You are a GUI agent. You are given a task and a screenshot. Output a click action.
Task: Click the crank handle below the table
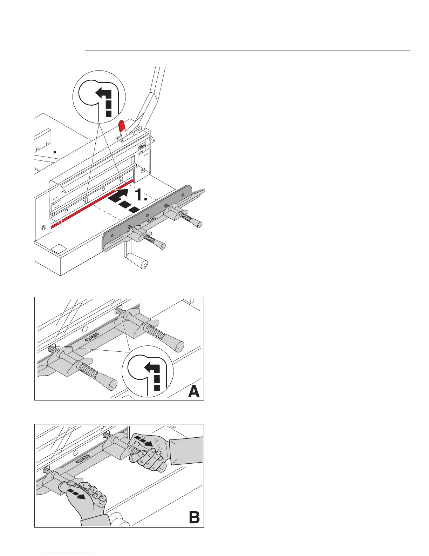point(143,264)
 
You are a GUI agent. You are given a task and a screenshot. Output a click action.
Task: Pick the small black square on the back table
point(55,152)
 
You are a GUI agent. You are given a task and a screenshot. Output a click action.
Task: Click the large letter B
point(194,517)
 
